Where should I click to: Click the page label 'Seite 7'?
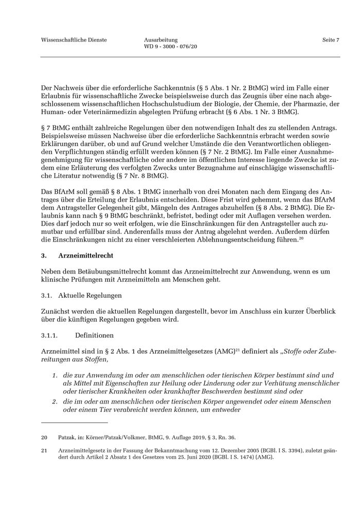[x=331, y=40]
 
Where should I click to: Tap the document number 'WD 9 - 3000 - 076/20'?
[x=171, y=47]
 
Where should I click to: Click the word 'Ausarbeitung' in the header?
[x=161, y=40]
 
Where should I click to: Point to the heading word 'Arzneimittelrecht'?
[x=86, y=256]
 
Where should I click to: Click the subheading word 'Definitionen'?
[x=94, y=335]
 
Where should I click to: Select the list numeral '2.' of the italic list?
[x=55, y=401]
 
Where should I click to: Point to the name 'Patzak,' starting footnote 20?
[x=67, y=438]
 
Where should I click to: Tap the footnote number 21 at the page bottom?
[x=44, y=450]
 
